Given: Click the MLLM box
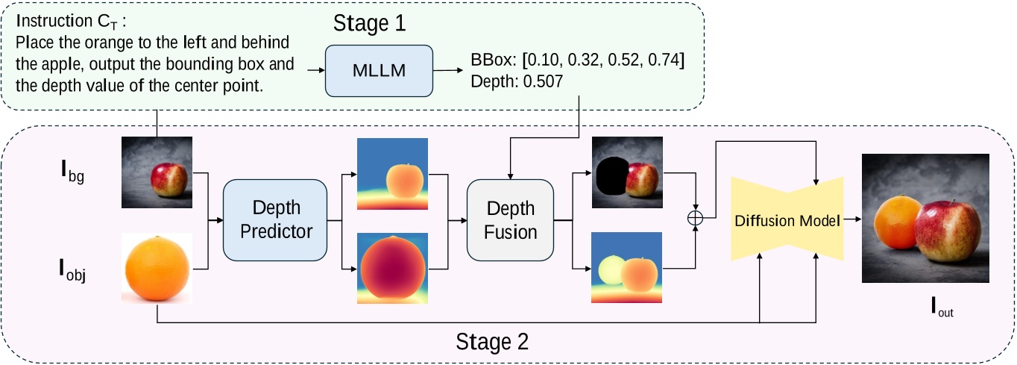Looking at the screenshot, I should tap(379, 70).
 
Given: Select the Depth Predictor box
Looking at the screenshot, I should tap(275, 219).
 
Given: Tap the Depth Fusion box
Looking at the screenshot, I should tap(511, 219).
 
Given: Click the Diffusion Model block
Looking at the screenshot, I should tap(787, 220).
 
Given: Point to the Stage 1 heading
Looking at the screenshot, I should tap(371, 22).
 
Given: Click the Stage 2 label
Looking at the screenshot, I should tap(492, 342).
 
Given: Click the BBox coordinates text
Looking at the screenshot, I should tap(578, 60).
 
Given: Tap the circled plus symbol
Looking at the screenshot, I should tap(695, 217).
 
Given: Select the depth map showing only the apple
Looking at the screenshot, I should tap(392, 173).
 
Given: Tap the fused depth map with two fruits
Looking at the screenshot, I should tap(627, 268).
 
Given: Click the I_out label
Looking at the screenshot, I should tap(942, 306).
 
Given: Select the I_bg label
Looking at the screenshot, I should tap(72, 176).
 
